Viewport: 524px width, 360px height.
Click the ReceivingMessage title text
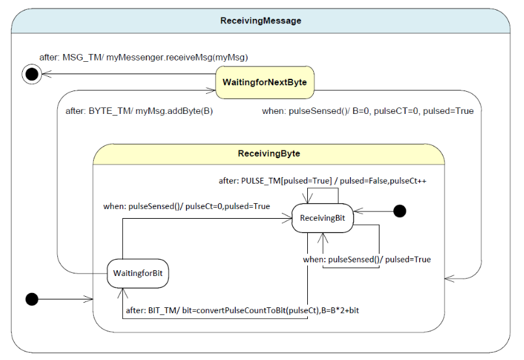click(x=260, y=21)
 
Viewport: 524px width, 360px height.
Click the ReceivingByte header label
click(x=269, y=154)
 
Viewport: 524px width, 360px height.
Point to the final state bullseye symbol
click(x=31, y=75)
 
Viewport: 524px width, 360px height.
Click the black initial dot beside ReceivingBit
click(x=400, y=211)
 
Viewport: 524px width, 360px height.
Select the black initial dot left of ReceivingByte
click(x=31, y=299)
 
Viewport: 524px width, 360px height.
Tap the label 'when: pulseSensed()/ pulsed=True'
click(x=366, y=260)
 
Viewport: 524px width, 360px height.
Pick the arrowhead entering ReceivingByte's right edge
click(x=449, y=279)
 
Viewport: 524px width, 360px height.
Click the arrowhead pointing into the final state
click(x=45, y=75)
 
